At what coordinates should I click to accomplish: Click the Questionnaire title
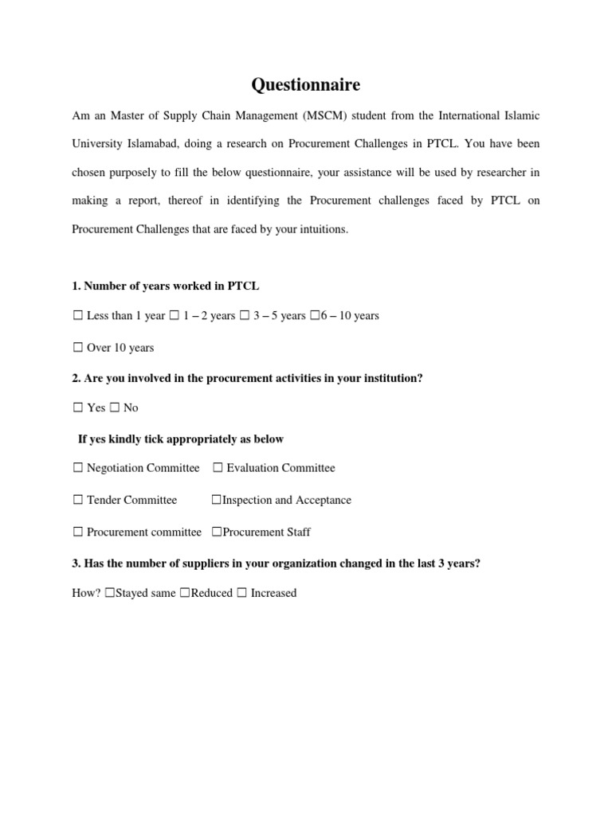point(305,84)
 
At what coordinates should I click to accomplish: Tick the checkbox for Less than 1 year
point(77,316)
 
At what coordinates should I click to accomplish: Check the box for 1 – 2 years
point(174,316)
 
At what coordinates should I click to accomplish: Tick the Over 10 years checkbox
point(77,348)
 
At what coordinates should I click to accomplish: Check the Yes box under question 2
point(77,407)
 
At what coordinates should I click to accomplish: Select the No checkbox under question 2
point(114,407)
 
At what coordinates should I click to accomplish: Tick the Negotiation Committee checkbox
point(77,468)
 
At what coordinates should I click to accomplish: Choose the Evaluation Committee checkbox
point(218,468)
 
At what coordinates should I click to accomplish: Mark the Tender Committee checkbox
point(77,500)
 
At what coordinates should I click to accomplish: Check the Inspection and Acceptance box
point(216,500)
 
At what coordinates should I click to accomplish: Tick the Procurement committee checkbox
point(77,532)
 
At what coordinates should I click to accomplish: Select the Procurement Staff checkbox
point(216,532)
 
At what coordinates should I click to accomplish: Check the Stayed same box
point(109,593)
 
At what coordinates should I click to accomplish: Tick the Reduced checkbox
point(185,593)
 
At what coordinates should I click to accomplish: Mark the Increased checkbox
point(241,593)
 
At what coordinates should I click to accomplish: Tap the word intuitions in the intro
point(322,230)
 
